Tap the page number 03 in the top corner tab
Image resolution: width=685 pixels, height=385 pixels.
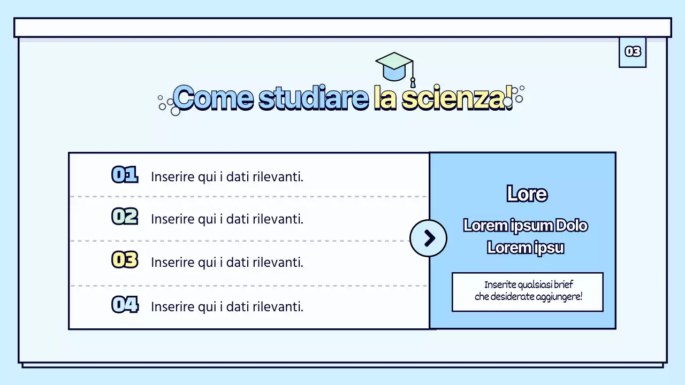tap(633, 51)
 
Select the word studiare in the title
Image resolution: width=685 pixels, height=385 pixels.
tap(314, 98)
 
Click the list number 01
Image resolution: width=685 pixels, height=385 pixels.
tap(125, 175)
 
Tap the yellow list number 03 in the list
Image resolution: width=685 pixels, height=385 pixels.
tap(125, 260)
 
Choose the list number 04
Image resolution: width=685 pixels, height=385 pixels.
tap(125, 305)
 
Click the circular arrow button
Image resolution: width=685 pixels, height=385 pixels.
tap(428, 238)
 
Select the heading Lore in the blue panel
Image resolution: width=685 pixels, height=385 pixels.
tap(527, 194)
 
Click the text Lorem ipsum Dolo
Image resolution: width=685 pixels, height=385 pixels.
tap(526, 226)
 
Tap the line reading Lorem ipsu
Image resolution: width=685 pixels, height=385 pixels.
tap(526, 248)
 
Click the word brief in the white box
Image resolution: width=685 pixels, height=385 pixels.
tap(564, 284)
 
